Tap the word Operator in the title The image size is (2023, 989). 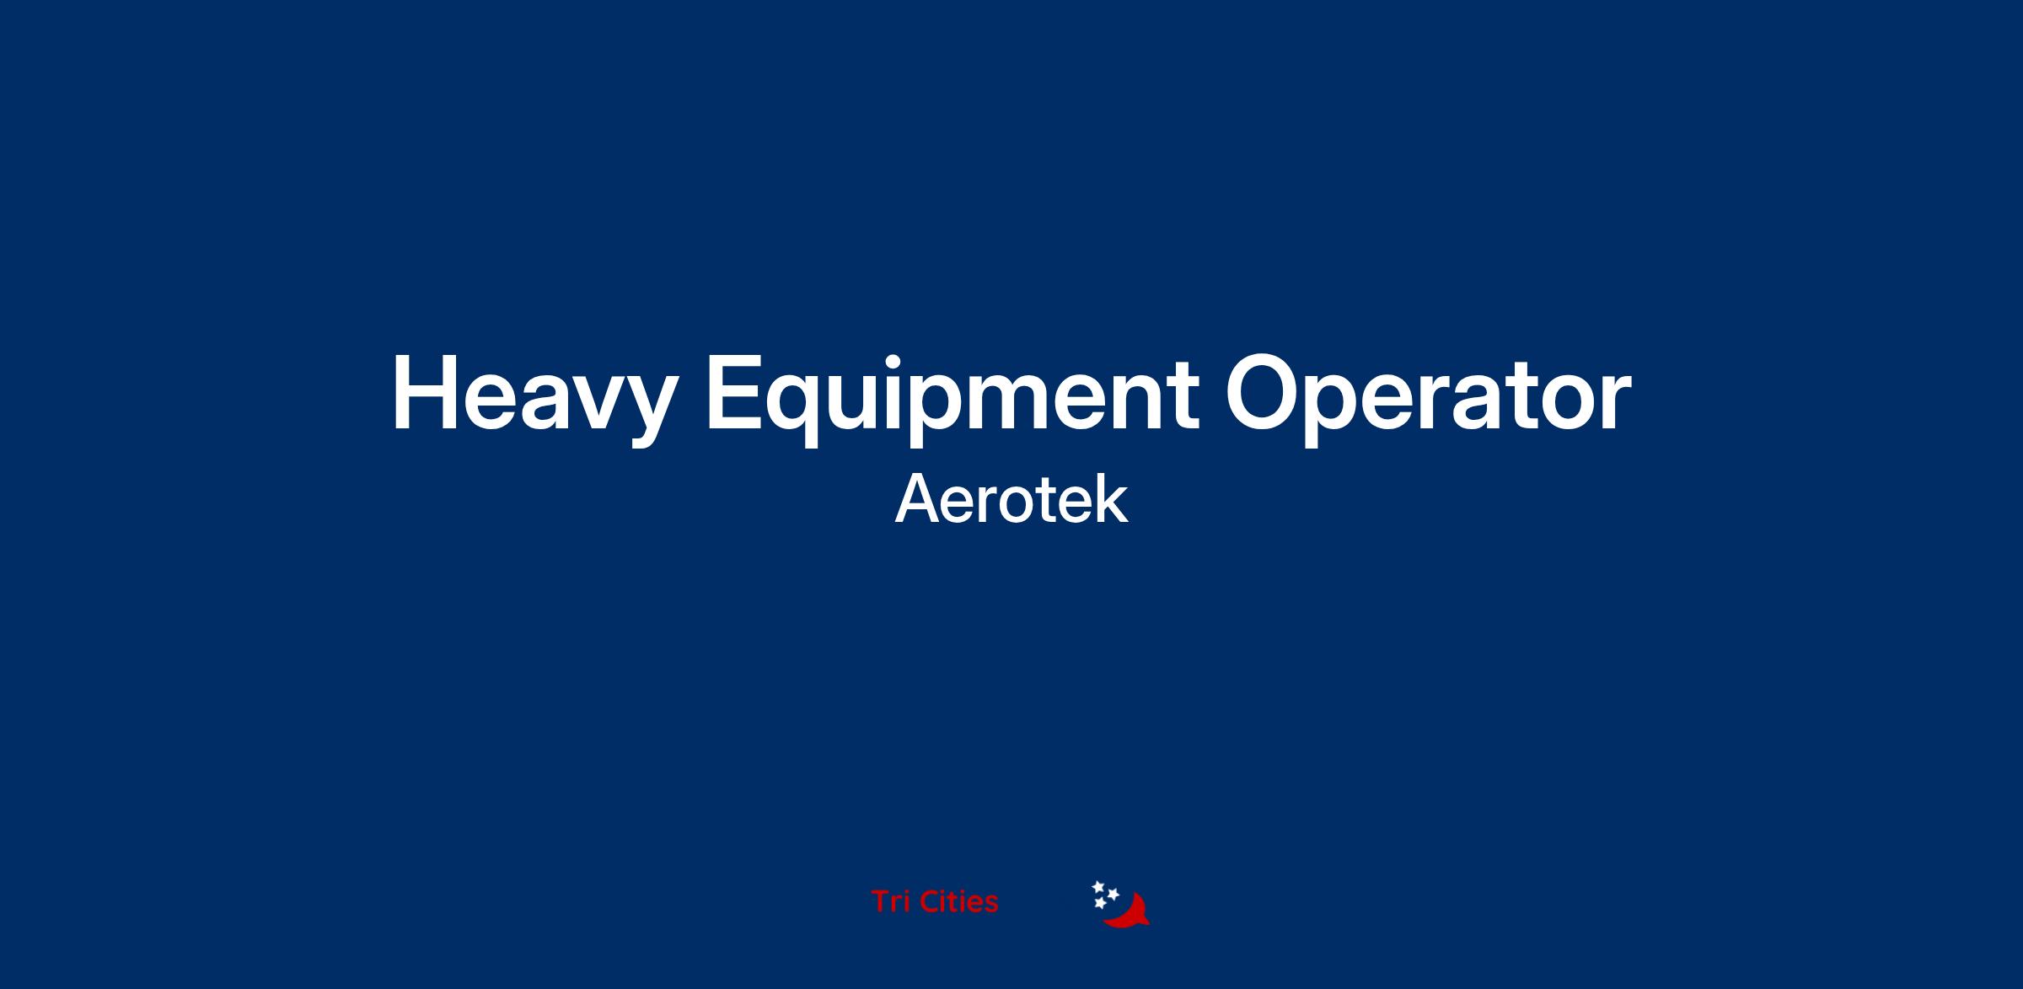tap(1428, 397)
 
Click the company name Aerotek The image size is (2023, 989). tap(1011, 500)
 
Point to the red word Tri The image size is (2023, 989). tap(891, 901)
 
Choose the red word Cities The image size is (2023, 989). tap(959, 901)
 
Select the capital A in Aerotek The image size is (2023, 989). tap(917, 499)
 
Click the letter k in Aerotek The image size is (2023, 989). tap(1111, 499)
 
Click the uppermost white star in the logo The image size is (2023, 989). tap(1098, 887)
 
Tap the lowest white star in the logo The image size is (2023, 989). tap(1100, 904)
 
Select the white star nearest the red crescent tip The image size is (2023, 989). tap(1113, 894)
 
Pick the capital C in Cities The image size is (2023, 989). tap(931, 901)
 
